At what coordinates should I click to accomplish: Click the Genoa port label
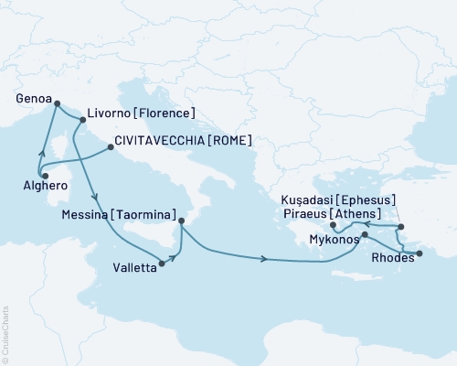pyautogui.click(x=34, y=93)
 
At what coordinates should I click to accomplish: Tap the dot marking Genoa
pyautogui.click(x=57, y=103)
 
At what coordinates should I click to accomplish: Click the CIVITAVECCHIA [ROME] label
pyautogui.click(x=183, y=142)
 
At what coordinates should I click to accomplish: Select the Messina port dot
pyautogui.click(x=181, y=221)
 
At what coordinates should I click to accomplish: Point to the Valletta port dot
pyautogui.click(x=161, y=264)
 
